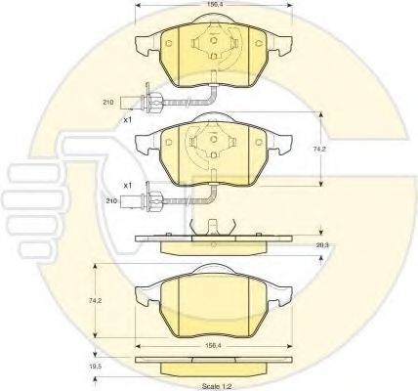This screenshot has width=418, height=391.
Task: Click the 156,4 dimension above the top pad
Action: point(212,4)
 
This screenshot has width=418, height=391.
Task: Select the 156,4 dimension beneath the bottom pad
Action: point(213,346)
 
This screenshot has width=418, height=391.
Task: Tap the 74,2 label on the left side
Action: point(94,301)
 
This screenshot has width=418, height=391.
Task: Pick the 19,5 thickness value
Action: point(94,366)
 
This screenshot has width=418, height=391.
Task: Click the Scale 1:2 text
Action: point(217,386)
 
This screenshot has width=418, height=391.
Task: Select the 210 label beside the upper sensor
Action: point(108,103)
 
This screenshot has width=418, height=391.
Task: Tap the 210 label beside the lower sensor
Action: point(111,201)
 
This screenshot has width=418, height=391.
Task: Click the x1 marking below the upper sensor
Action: point(128,120)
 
